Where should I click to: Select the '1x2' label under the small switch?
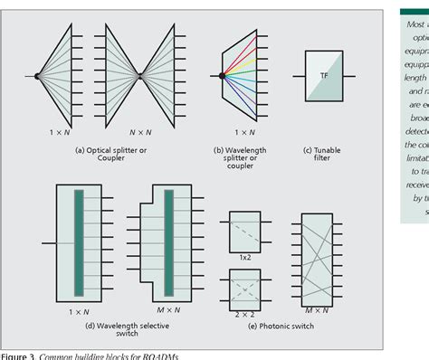[244, 258]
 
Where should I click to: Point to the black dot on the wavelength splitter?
[221, 76]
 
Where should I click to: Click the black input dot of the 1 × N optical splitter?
[36, 76]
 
